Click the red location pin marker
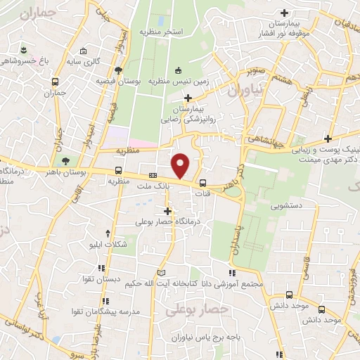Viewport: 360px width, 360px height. (181, 165)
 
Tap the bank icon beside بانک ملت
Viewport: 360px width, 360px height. (153, 176)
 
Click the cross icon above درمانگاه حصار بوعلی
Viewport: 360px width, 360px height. (167, 210)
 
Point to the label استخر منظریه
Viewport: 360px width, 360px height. (161, 32)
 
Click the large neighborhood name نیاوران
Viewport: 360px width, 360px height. (244, 91)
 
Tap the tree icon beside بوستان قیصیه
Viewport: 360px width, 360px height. (118, 70)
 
